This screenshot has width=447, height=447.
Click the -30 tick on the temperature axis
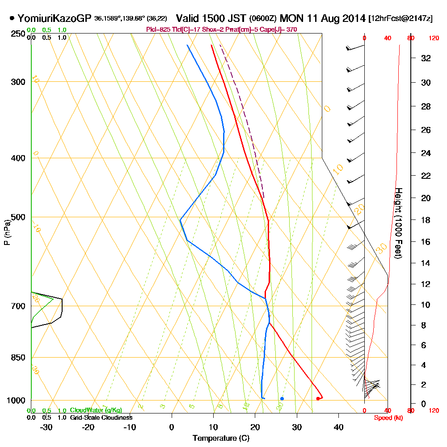[x=46, y=427]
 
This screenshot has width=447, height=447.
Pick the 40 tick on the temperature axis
[x=338, y=427]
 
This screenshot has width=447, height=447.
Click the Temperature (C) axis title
[x=221, y=438]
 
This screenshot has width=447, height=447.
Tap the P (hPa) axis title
[x=7, y=232]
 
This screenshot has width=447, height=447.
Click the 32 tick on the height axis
[x=426, y=58]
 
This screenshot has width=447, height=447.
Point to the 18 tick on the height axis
[x=426, y=220]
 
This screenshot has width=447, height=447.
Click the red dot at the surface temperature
[x=318, y=398]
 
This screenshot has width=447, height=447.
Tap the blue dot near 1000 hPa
[x=282, y=398]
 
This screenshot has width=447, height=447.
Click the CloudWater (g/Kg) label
[x=96, y=410]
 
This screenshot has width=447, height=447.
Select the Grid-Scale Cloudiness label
[x=101, y=417]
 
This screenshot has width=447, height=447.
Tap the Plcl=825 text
[x=158, y=30]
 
